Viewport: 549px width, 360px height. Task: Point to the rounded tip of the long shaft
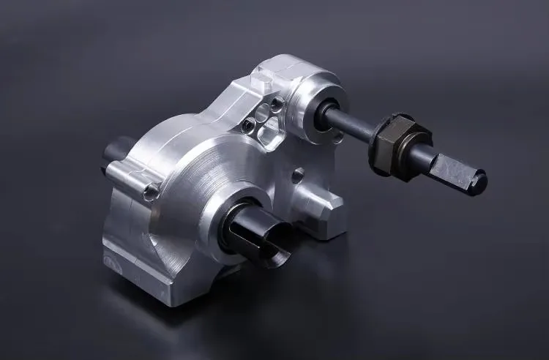479,176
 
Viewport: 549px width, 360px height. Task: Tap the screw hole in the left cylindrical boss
152,192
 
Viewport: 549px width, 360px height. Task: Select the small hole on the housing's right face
298,174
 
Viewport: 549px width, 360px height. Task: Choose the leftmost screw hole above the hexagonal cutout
251,121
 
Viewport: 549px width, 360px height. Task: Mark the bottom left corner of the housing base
110,252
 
